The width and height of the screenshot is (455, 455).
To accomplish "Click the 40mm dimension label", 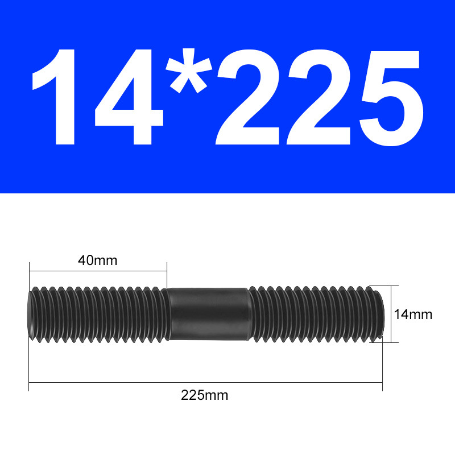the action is (97, 260).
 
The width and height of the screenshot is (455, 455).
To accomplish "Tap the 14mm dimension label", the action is (413, 315).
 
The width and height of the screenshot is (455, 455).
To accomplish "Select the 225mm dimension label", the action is (205, 395).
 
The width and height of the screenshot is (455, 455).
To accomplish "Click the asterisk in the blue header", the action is (189, 71).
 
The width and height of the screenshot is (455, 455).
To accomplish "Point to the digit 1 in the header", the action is (54, 97).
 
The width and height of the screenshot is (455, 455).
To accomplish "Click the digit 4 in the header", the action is (129, 97).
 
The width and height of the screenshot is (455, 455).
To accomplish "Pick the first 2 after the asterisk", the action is (247, 97).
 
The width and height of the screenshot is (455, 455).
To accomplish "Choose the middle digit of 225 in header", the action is (318, 97).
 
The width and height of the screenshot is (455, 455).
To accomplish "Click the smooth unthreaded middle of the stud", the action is (208, 314).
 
